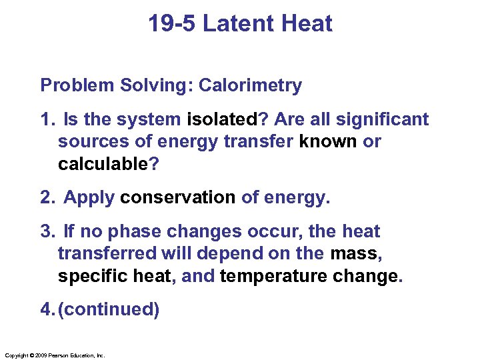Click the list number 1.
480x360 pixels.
tap(46, 120)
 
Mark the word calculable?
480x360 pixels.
tap(109, 164)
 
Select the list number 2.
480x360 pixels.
tap(46, 198)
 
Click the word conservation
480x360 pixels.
tap(178, 198)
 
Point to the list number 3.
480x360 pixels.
tap(46, 232)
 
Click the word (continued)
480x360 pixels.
tap(109, 310)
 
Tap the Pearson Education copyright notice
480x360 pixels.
tap(54, 355)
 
